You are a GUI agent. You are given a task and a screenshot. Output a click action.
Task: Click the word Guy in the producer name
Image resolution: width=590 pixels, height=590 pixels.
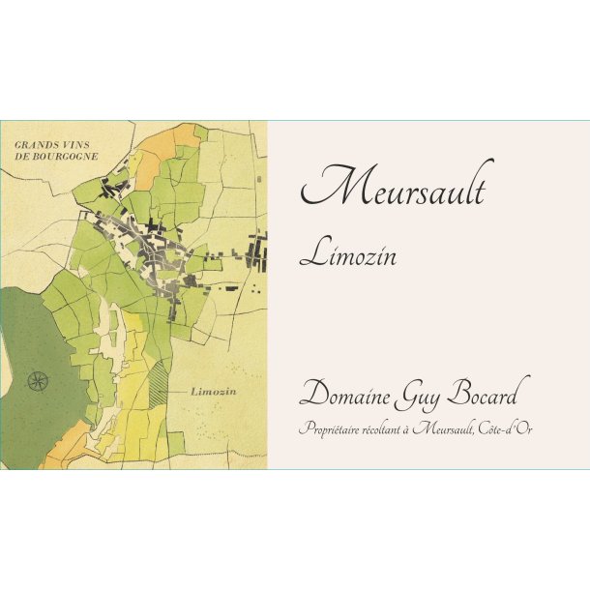point(434,397)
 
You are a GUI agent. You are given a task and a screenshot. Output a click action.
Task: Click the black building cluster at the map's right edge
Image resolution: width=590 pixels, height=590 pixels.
point(259,256)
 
